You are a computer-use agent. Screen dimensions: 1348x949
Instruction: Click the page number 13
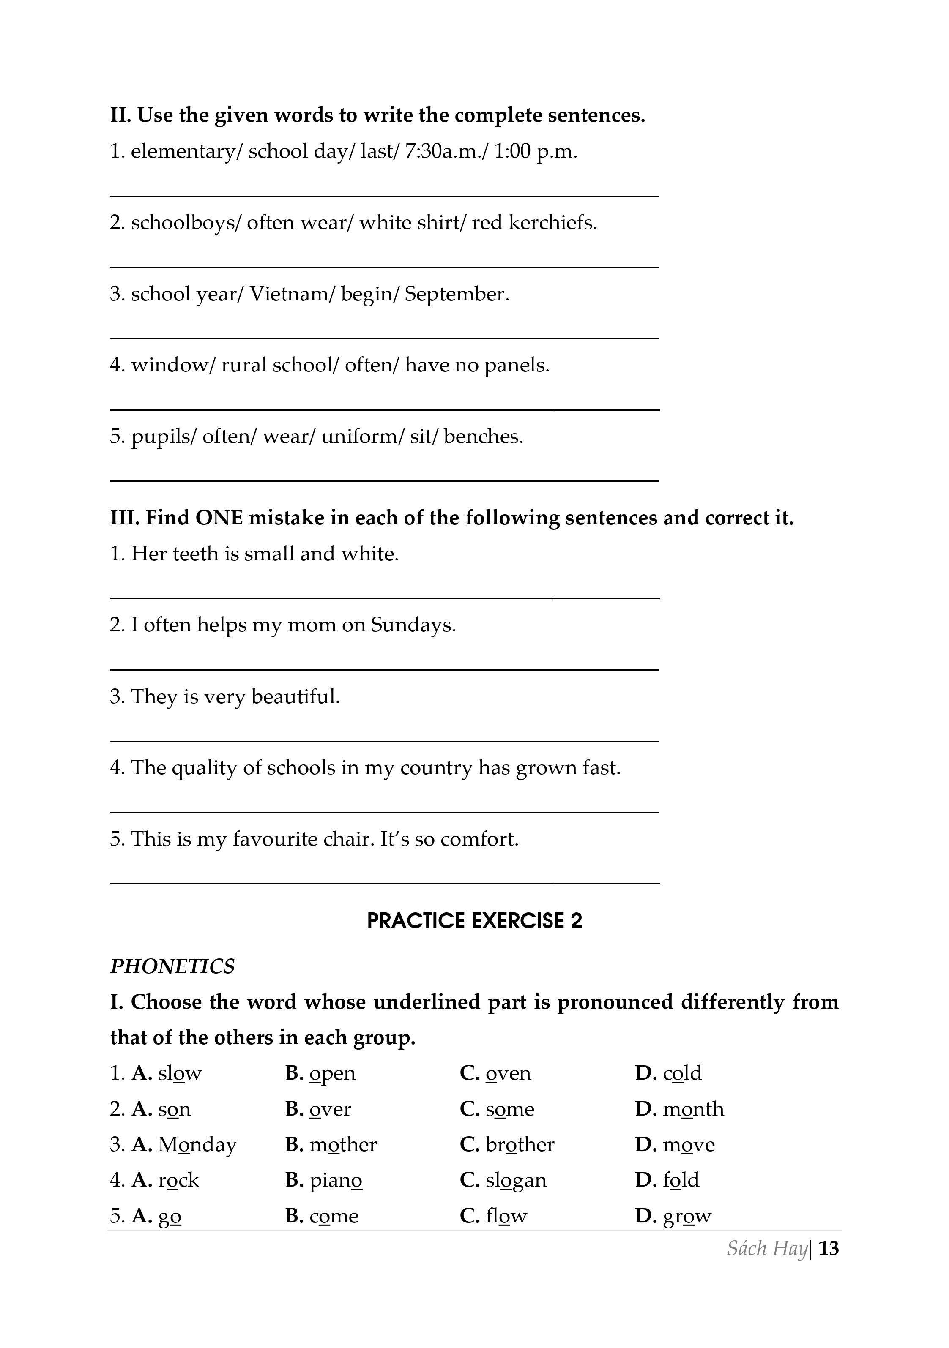point(828,1248)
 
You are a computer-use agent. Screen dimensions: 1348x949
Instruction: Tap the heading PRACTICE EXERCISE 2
point(474,921)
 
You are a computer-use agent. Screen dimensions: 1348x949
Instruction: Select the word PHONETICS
point(172,966)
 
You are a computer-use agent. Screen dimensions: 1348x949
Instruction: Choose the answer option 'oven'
point(508,1073)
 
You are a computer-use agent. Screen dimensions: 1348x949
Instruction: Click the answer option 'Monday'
point(197,1145)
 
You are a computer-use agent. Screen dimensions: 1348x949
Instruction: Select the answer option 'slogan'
point(516,1180)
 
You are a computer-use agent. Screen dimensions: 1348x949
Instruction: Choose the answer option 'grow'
point(687,1216)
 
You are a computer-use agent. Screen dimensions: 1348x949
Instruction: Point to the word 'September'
point(455,294)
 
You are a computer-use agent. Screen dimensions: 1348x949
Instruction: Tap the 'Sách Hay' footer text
point(767,1248)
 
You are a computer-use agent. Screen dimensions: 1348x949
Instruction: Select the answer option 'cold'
point(682,1073)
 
